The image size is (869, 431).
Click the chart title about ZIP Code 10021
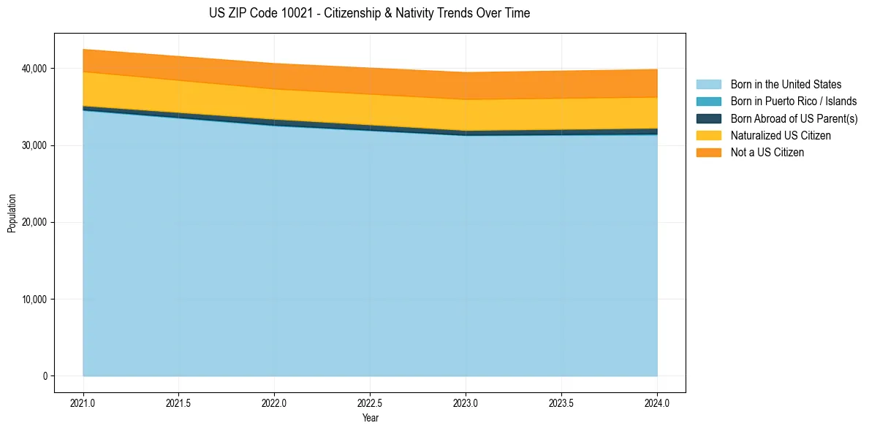(x=369, y=13)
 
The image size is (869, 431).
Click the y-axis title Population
(x=12, y=213)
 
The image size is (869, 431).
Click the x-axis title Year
(x=370, y=418)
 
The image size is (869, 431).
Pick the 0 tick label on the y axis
(x=45, y=376)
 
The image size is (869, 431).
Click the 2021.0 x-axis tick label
(x=83, y=403)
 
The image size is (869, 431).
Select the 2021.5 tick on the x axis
(x=179, y=403)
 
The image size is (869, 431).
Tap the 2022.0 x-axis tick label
(x=274, y=403)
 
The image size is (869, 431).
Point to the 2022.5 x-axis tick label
(x=370, y=403)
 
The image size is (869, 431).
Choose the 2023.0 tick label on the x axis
(x=466, y=403)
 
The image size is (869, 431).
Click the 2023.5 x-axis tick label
(x=561, y=403)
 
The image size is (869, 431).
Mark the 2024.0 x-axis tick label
(x=657, y=403)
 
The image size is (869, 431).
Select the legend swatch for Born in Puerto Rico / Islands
(x=708, y=102)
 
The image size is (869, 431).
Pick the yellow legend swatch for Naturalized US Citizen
(x=708, y=135)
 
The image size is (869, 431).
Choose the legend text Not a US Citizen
(x=767, y=153)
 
